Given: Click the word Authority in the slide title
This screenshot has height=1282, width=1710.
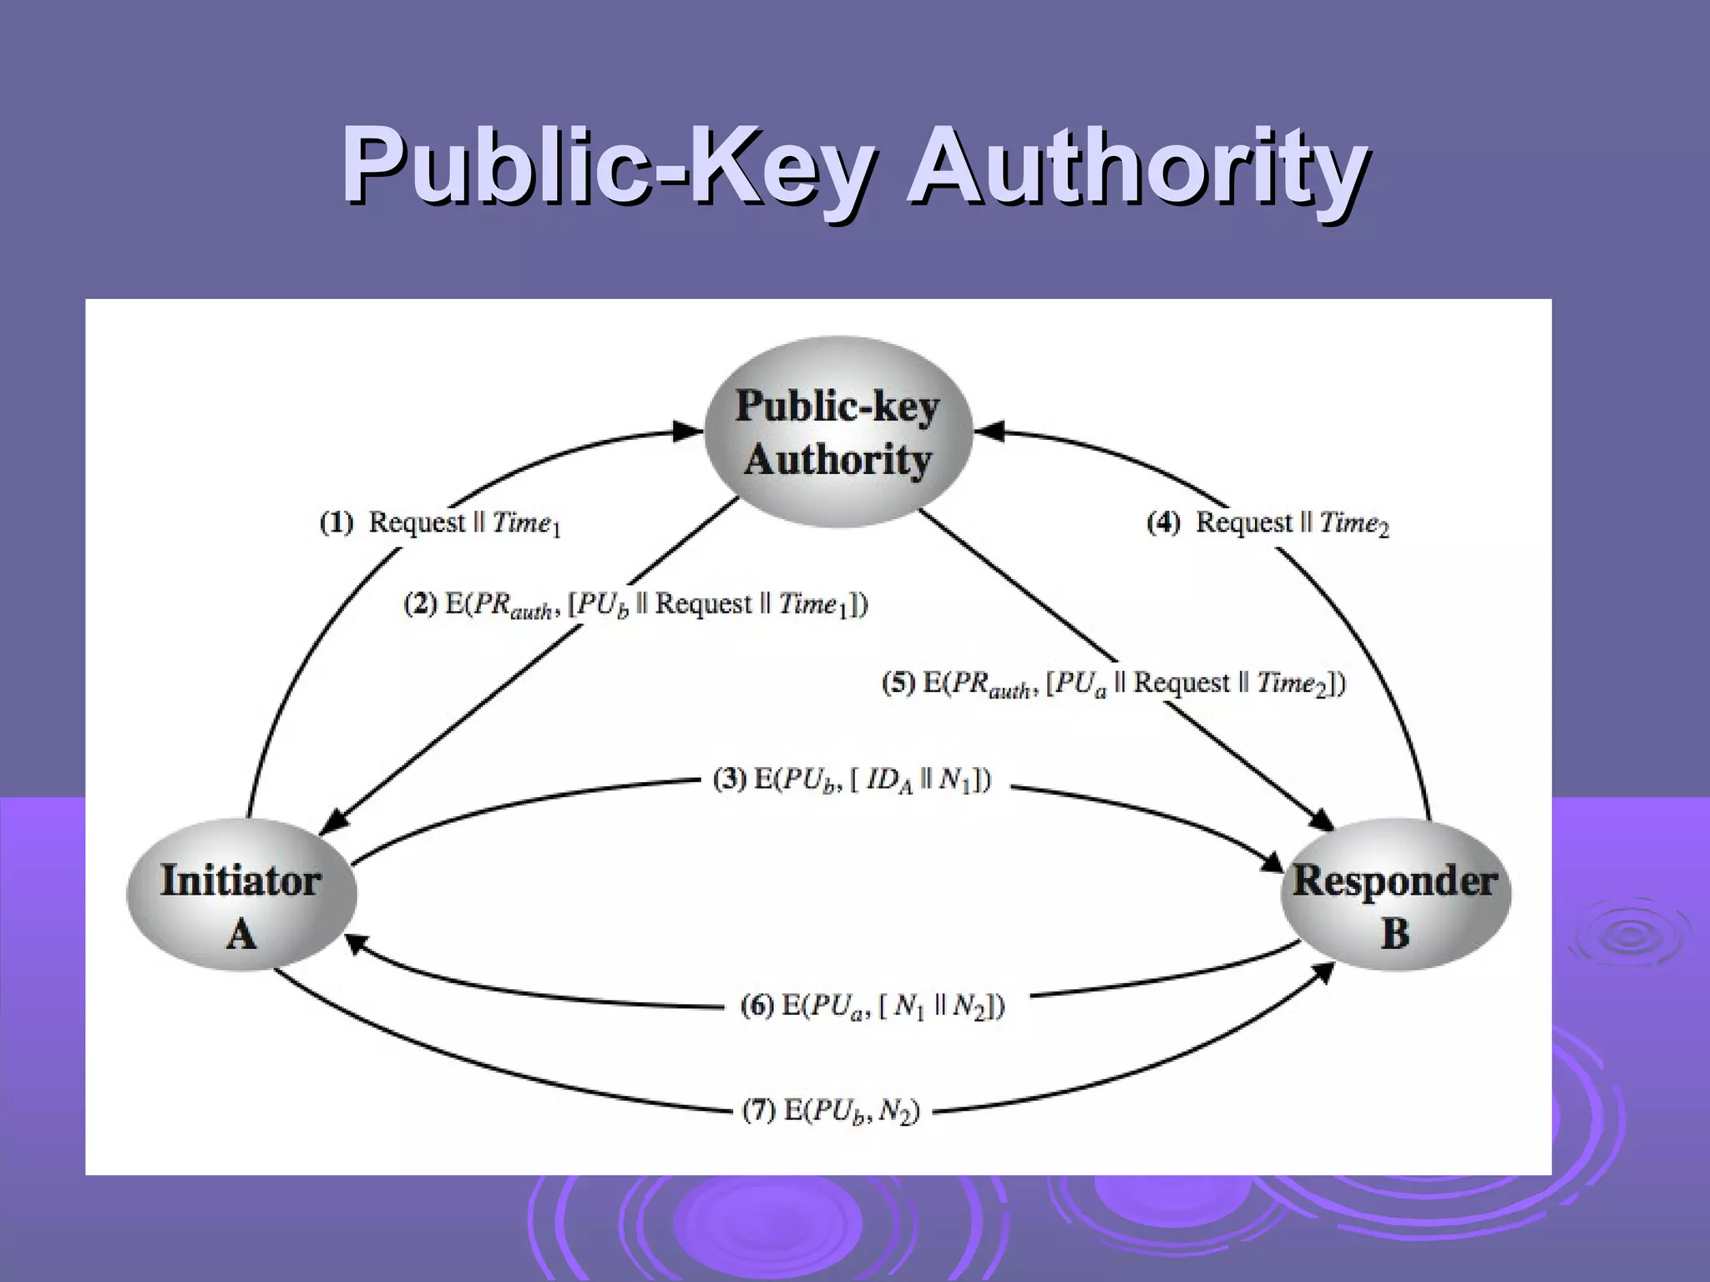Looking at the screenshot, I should pos(1137,164).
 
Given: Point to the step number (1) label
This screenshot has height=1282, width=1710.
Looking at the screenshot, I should pos(336,523).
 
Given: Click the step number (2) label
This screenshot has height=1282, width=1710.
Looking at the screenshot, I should pos(421,604).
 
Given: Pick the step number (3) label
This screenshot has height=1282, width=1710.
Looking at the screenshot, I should pos(729,780).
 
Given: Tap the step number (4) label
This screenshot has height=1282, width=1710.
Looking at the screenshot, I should pos(1164,523).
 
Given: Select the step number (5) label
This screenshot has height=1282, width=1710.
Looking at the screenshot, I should pos(899,684).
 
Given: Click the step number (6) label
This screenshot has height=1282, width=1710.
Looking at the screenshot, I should pos(757,1005).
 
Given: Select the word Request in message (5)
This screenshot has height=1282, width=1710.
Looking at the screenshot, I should pos(1181,684).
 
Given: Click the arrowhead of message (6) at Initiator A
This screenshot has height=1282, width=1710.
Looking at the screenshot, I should pos(355,941).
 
